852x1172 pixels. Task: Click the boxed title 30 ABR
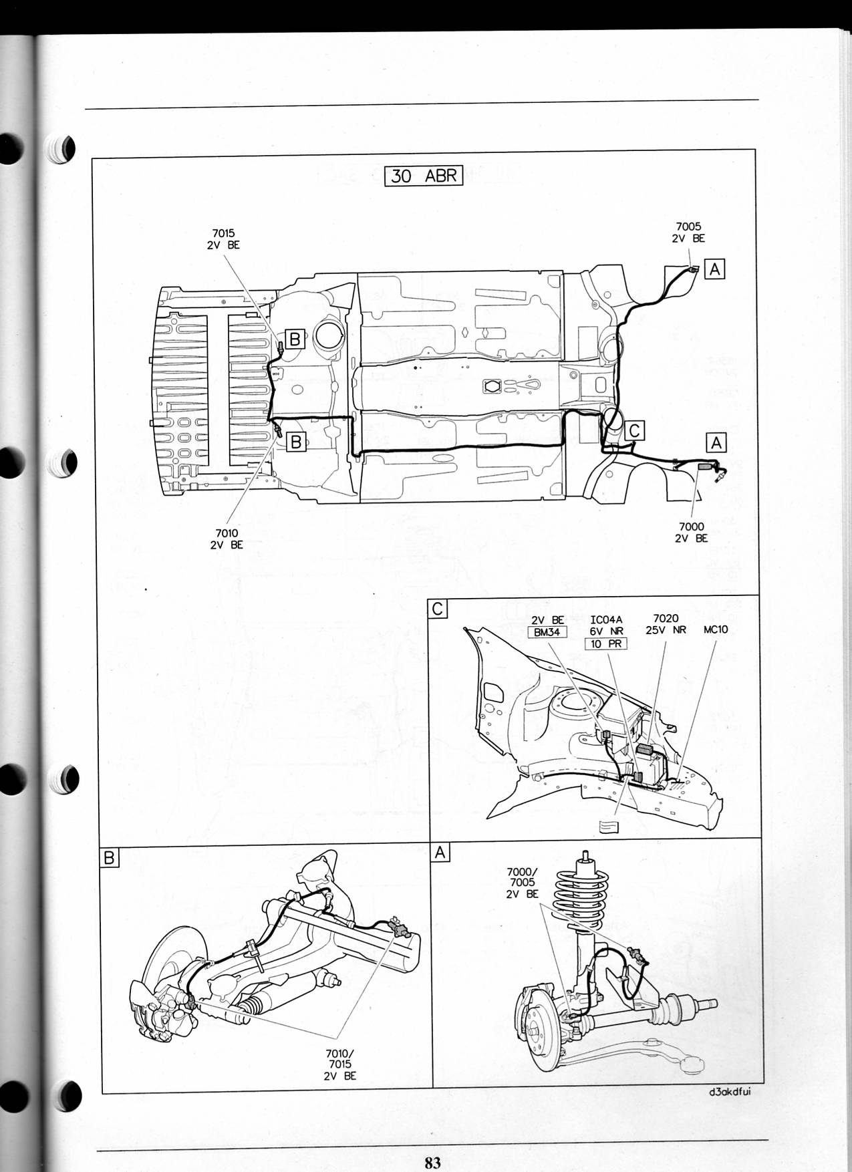click(424, 176)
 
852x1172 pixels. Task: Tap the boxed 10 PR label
click(605, 643)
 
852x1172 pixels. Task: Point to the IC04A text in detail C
click(606, 620)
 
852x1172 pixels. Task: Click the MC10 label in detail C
click(716, 629)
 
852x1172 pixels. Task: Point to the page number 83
click(432, 1162)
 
